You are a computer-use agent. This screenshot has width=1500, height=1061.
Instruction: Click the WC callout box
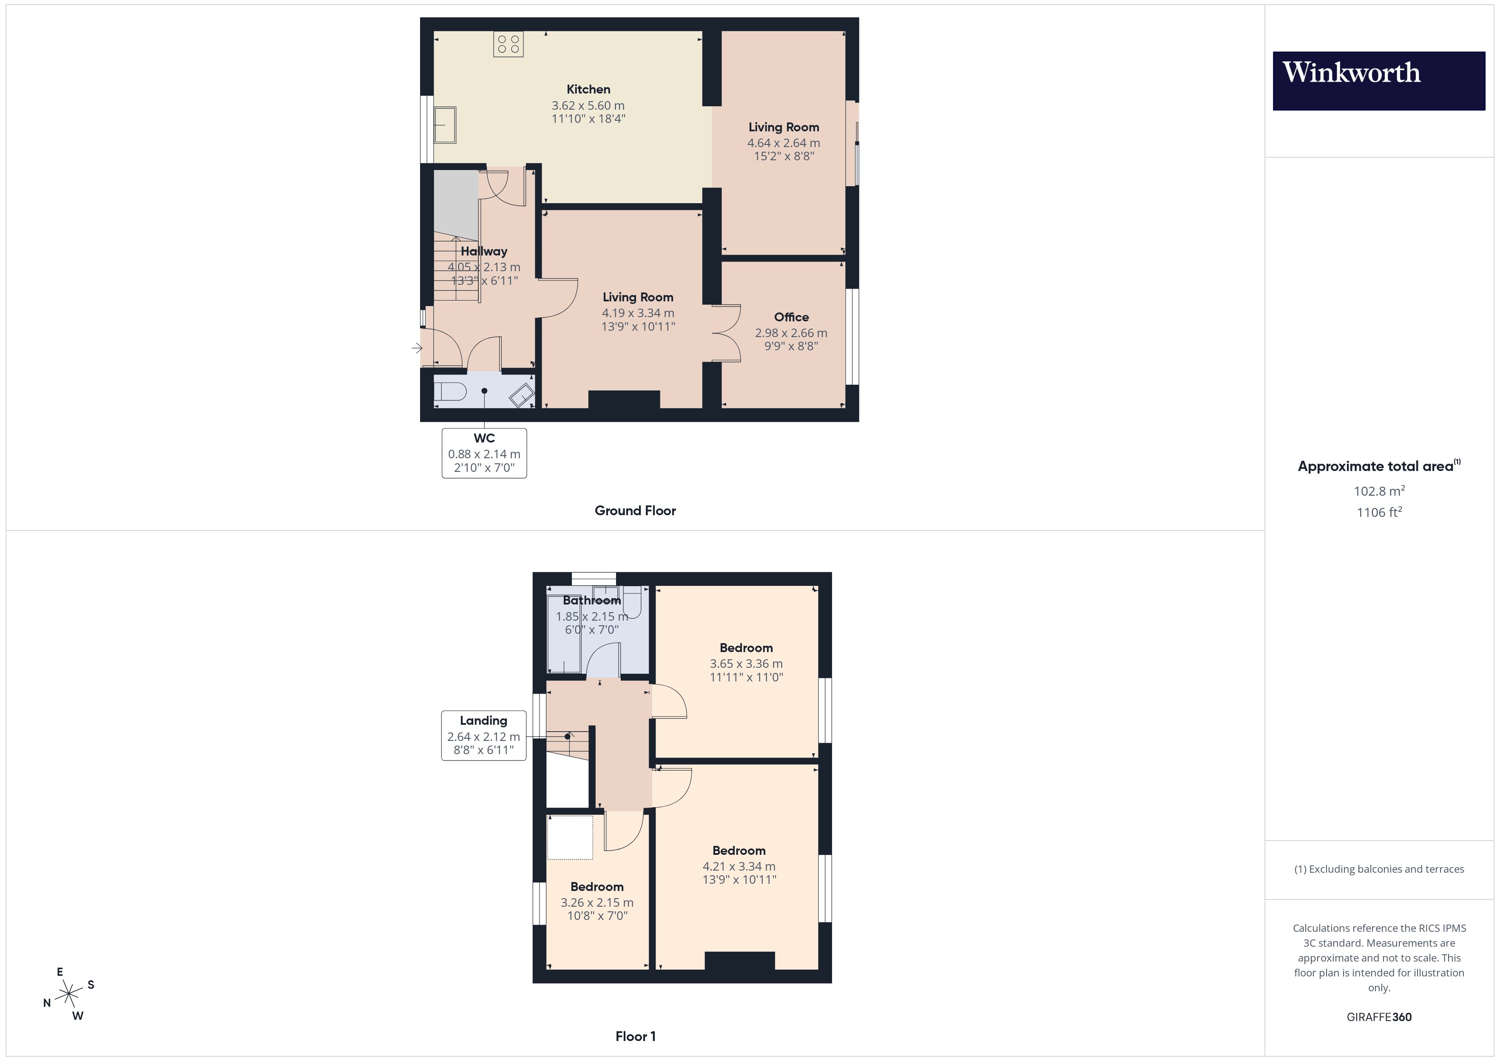point(484,453)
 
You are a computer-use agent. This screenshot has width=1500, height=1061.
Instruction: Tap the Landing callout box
point(483,735)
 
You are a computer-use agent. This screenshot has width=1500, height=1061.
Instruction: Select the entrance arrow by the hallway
point(417,348)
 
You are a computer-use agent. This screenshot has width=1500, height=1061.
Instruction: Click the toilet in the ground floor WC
point(450,391)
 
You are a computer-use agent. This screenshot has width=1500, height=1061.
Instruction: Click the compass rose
point(68,994)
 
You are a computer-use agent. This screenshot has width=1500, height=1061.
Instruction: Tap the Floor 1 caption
point(635,1036)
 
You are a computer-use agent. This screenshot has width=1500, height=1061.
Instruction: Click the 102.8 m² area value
point(1378,491)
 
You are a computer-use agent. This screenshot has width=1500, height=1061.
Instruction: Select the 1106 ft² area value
point(1378,512)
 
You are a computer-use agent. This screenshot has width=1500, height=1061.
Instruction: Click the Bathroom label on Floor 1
point(591,600)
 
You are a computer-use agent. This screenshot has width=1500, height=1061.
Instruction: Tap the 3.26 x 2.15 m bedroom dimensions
point(597,902)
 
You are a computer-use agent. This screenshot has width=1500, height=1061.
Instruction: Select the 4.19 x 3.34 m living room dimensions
point(638,313)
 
